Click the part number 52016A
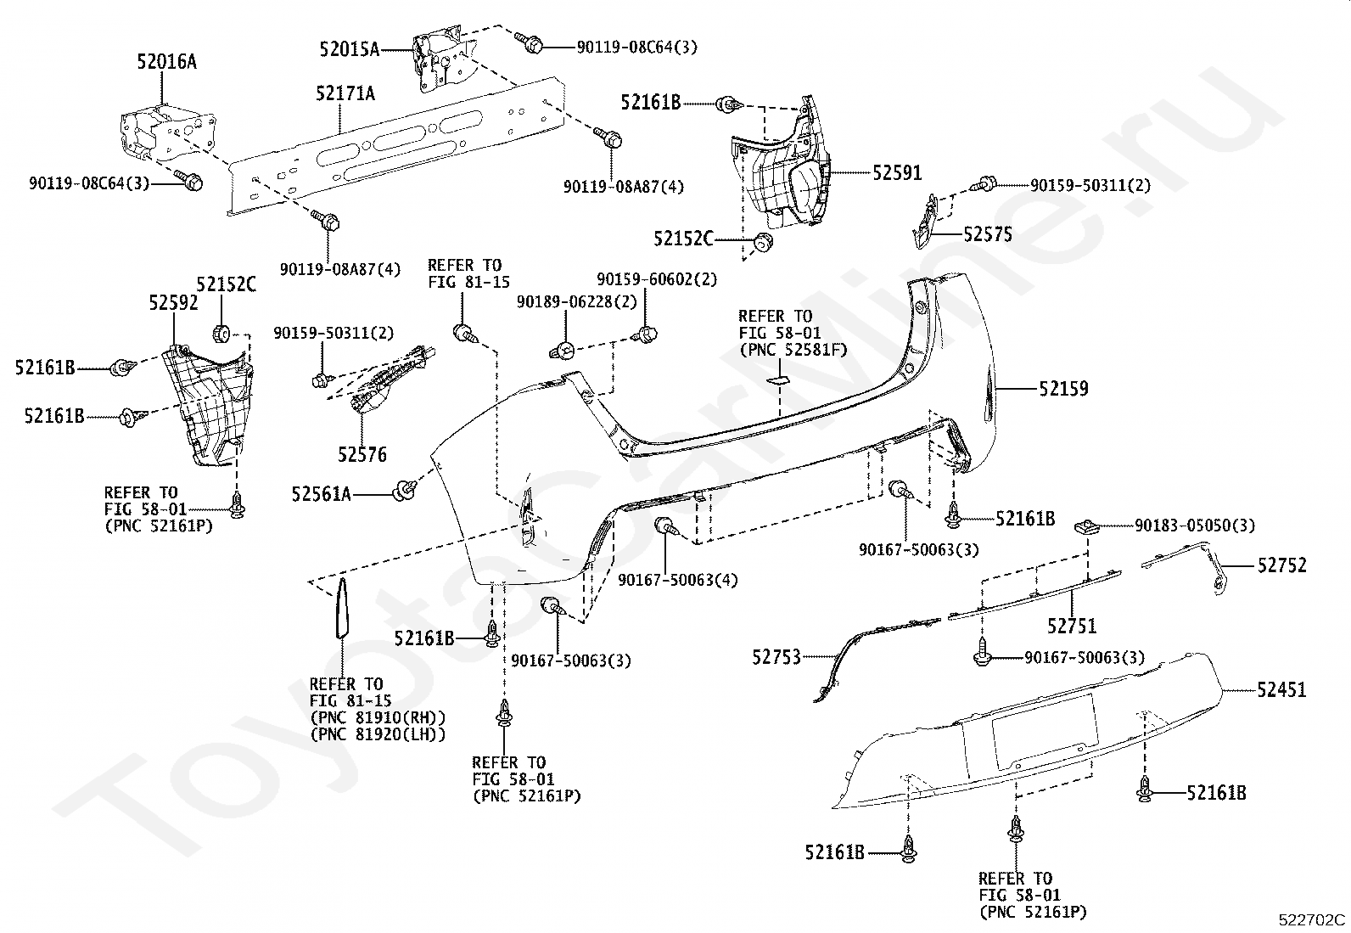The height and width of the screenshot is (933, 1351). click(x=166, y=62)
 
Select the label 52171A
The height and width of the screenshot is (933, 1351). click(x=345, y=93)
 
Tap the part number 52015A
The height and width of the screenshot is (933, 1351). click(x=350, y=49)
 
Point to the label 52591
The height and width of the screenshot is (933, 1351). click(x=898, y=173)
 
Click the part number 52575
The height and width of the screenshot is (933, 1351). click(x=987, y=234)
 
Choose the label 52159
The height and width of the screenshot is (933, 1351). click(x=1063, y=389)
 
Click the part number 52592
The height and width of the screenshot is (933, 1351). click(x=174, y=303)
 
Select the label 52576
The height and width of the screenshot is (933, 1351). click(x=362, y=454)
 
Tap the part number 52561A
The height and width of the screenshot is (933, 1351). click(x=322, y=494)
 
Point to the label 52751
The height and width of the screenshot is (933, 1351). click(x=1072, y=626)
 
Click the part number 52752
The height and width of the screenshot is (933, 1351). click(x=1282, y=565)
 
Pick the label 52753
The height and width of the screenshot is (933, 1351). click(x=776, y=656)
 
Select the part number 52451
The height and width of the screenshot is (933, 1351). click(x=1281, y=689)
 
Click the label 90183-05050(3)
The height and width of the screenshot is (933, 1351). click(x=1195, y=526)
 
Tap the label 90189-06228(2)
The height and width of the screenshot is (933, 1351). click(x=576, y=301)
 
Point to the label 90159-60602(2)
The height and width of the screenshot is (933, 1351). click(x=657, y=279)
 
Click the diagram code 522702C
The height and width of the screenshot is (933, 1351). click(x=1312, y=919)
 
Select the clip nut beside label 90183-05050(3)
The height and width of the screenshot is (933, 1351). click(x=1087, y=527)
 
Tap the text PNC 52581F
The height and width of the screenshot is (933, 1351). click(x=793, y=350)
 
